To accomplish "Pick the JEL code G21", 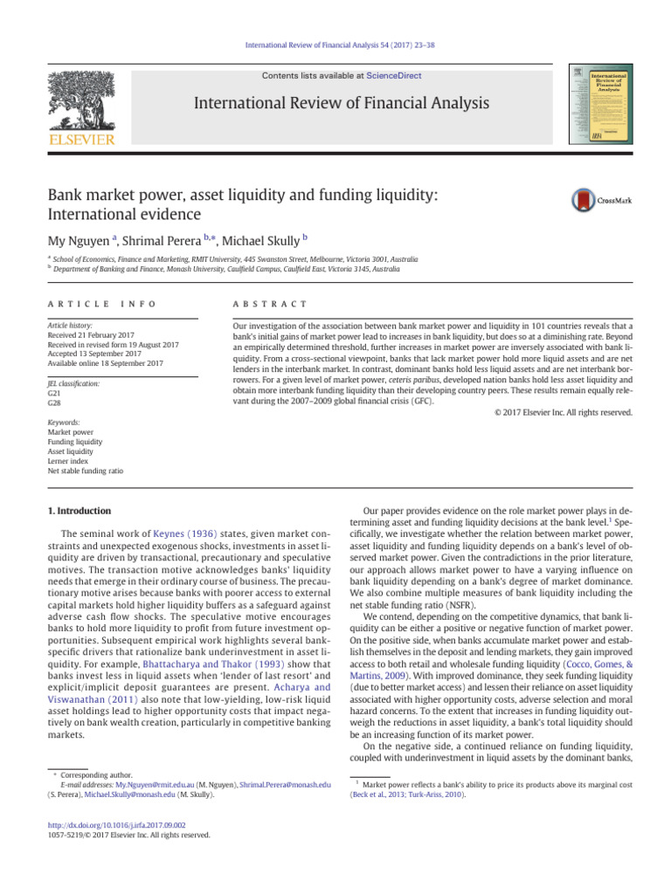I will (x=55, y=393).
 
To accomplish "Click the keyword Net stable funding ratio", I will (x=85, y=471).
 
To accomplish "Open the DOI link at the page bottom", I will (x=115, y=823).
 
